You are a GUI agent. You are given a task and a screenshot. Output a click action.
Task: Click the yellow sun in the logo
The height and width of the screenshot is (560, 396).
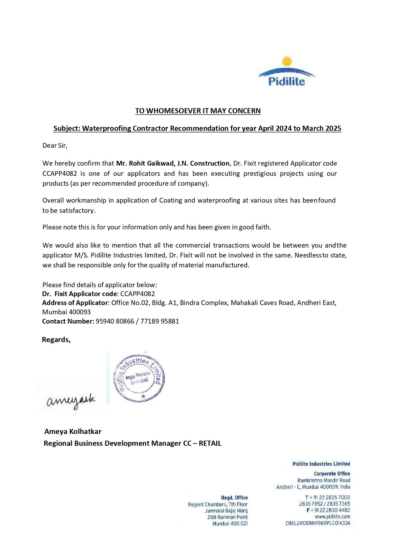tap(287, 61)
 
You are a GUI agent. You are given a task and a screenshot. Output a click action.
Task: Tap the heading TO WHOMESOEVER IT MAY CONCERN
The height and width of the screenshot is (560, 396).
tap(198, 111)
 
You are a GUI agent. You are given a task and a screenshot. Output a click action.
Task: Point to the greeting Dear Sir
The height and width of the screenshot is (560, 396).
tap(55, 146)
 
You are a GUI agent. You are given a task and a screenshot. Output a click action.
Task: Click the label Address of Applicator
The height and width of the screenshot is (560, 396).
tap(75, 303)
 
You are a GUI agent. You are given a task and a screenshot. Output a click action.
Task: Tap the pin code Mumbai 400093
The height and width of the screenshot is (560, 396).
tap(66, 312)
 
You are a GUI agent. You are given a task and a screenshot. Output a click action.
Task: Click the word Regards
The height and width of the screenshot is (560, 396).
tap(56, 340)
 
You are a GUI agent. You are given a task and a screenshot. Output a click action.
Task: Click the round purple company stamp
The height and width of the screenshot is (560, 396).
tap(139, 378)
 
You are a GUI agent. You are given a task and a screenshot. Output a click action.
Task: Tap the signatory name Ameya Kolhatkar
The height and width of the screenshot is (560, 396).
tap(73, 431)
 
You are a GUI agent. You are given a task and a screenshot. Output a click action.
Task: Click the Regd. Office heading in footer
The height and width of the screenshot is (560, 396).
tap(234, 497)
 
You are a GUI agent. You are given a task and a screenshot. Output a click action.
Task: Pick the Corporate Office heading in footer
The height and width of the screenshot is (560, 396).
tap(332, 474)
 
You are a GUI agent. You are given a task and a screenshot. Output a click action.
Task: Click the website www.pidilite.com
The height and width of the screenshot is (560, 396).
tap(332, 517)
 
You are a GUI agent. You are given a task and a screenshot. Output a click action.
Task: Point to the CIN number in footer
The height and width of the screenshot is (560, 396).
tap(318, 523)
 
